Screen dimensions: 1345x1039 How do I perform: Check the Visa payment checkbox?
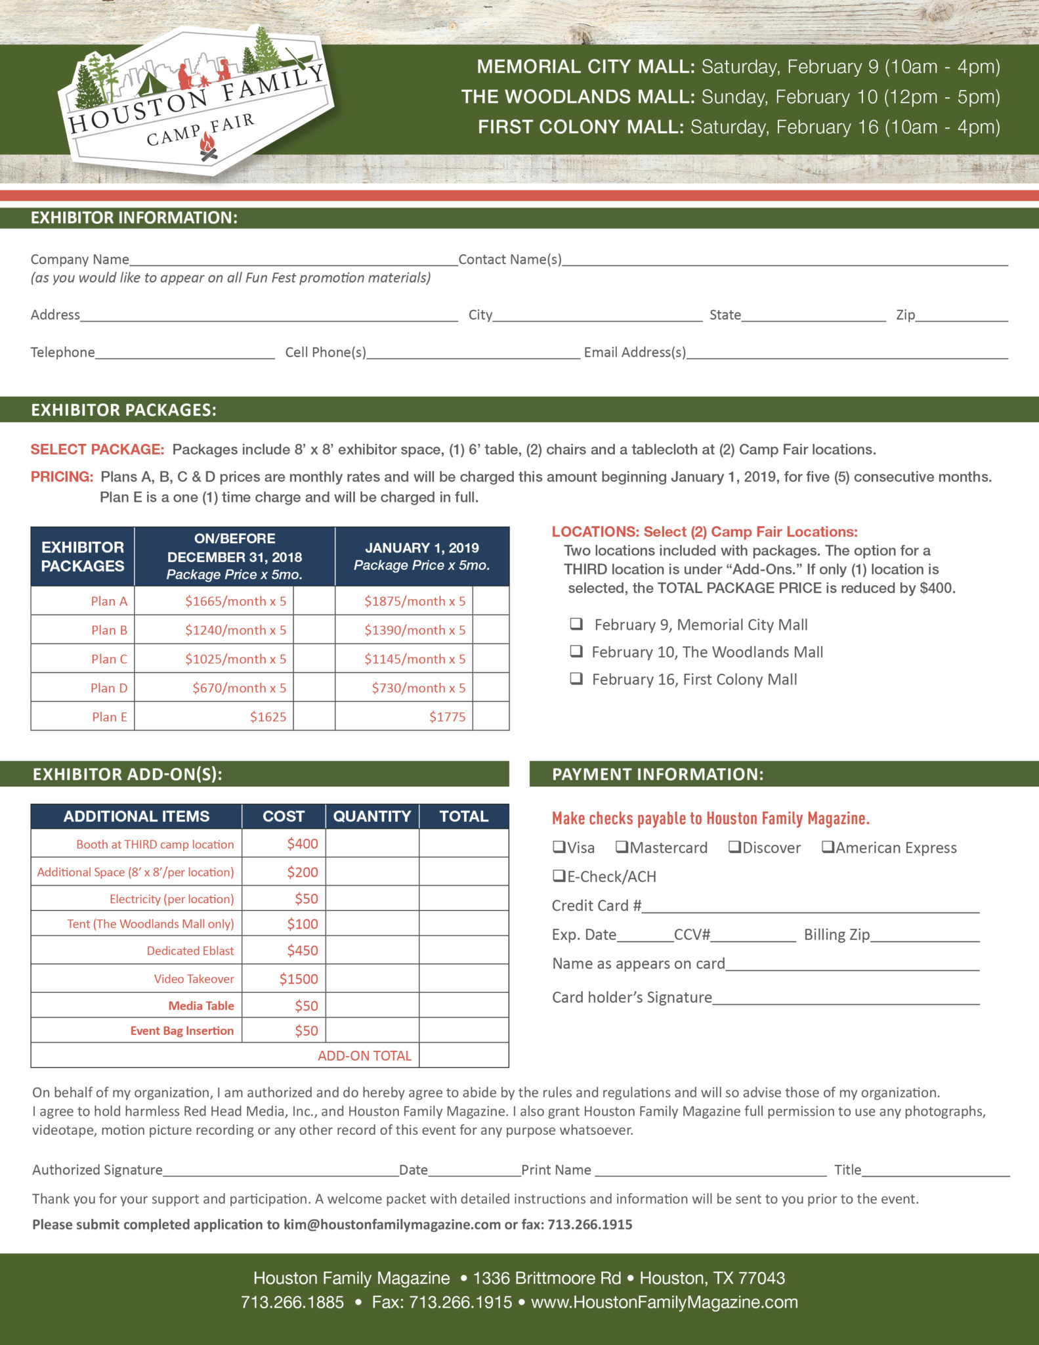pyautogui.click(x=559, y=847)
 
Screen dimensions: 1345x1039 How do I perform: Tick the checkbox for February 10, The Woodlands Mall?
pyautogui.click(x=576, y=651)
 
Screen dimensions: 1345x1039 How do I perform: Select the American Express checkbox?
pyautogui.click(x=828, y=847)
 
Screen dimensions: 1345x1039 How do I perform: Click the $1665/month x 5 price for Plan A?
pyautogui.click(x=235, y=601)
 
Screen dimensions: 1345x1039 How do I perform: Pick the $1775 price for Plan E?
pyautogui.click(x=447, y=717)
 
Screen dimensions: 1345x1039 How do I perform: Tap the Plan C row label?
pyautogui.click(x=109, y=659)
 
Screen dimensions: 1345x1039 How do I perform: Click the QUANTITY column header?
pyautogui.click(x=371, y=816)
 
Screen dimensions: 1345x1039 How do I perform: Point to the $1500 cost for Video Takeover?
pyautogui.click(x=299, y=979)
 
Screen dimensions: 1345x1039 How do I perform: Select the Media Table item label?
pyautogui.click(x=201, y=1005)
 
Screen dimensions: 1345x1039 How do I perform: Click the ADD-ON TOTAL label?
pyautogui.click(x=364, y=1055)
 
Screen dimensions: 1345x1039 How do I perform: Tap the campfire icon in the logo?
pyautogui.click(x=207, y=146)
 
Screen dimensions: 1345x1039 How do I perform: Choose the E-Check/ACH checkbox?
pyautogui.click(x=559, y=876)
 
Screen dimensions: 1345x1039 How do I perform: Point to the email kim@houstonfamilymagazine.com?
pyautogui.click(x=392, y=1224)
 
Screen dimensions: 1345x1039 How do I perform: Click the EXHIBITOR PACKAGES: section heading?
pyautogui.click(x=123, y=410)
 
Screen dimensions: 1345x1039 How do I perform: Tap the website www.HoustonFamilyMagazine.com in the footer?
pyautogui.click(x=664, y=1302)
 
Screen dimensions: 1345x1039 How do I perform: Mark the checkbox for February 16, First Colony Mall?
pyautogui.click(x=576, y=678)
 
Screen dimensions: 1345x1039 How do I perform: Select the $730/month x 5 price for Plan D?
pyautogui.click(x=418, y=688)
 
